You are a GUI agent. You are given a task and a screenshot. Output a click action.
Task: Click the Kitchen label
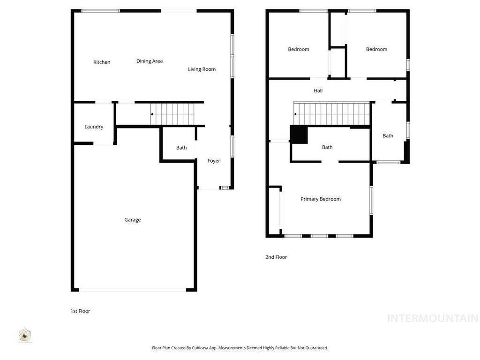(x=102, y=62)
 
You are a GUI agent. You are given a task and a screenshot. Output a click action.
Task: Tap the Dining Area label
(x=150, y=61)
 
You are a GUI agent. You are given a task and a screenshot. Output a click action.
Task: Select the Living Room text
(x=202, y=69)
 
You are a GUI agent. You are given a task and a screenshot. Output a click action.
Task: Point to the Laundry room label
(x=94, y=127)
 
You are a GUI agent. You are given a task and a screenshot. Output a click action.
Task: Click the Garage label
(x=132, y=220)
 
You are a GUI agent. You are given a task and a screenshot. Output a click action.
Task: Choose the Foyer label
(x=214, y=161)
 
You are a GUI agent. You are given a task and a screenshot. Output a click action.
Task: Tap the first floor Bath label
(x=181, y=148)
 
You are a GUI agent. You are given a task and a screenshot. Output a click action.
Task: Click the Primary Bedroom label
(x=321, y=199)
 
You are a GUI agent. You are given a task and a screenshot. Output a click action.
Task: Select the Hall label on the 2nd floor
(x=318, y=91)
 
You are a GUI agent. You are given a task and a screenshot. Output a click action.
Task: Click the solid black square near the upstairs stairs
(x=299, y=135)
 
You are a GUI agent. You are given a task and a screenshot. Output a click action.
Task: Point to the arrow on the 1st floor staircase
(x=152, y=114)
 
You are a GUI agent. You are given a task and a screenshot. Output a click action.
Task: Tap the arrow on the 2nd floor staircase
(x=295, y=114)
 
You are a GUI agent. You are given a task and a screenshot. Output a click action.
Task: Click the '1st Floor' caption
(x=80, y=311)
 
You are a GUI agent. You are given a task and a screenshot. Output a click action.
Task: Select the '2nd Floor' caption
(x=276, y=257)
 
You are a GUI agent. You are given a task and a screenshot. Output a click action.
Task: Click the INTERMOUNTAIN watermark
(x=432, y=319)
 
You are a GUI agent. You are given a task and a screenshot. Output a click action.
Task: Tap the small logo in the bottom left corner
(x=25, y=335)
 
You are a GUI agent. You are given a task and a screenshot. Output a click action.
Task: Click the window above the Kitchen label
(x=100, y=11)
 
